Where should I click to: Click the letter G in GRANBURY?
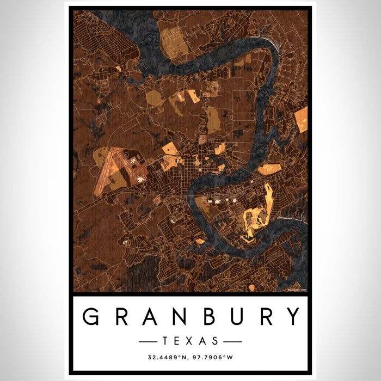tap(91, 316)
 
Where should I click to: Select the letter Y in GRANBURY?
tap(292, 316)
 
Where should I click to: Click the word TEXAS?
tap(190, 341)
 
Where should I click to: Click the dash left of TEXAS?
tap(149, 341)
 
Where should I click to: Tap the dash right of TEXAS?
tap(232, 341)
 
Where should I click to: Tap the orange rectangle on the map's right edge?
tap(301, 119)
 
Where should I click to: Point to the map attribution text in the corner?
tap(297, 290)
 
